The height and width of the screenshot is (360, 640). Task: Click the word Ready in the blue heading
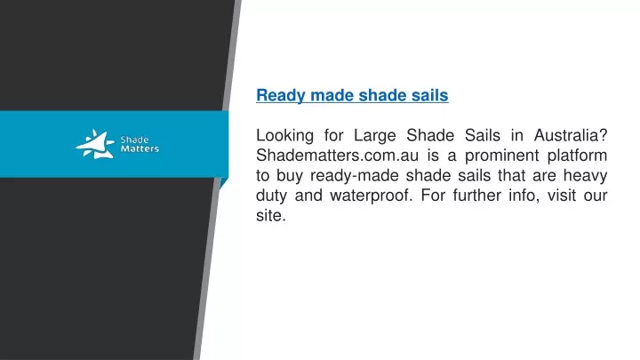pos(281,95)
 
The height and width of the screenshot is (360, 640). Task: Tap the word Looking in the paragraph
pos(285,136)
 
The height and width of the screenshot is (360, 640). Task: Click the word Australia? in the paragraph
pos(571,135)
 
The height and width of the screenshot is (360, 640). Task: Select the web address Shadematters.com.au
pos(338,156)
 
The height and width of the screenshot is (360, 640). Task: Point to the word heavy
pos(585,176)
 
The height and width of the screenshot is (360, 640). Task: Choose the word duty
pos(271,196)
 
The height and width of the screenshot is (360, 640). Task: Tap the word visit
pos(561,195)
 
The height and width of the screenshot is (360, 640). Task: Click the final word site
pos(270,215)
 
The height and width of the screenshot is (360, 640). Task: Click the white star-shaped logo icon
pos(95,144)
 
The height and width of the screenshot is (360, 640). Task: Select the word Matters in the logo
pos(140,149)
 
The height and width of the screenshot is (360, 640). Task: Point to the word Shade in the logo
pos(134,140)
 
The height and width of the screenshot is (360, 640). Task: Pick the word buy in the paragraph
pos(290,176)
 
